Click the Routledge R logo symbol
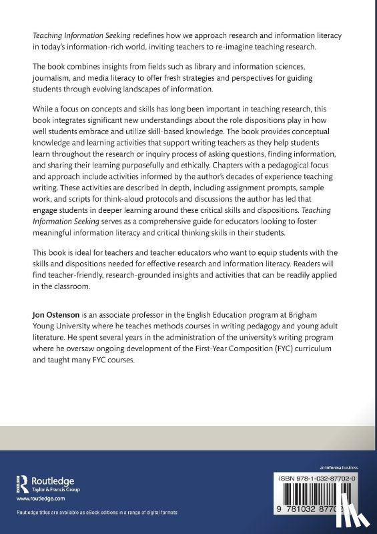[22, 483]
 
